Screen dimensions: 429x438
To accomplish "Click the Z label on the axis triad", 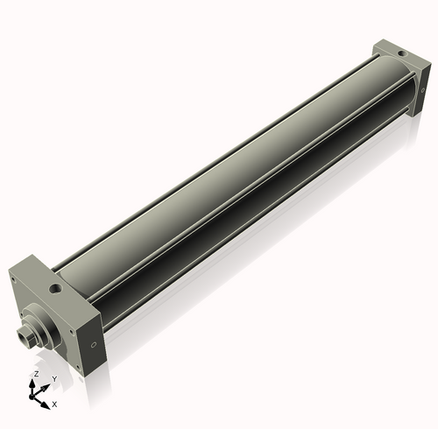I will click(x=36, y=373).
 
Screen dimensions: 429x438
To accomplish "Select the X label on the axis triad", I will click(x=54, y=404).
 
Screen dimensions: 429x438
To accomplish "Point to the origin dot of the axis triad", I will click(x=37, y=395).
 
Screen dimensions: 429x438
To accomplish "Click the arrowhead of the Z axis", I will click(x=36, y=382).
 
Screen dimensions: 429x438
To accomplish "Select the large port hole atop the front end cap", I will click(x=56, y=285).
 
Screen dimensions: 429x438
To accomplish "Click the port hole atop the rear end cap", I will click(x=401, y=54).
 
